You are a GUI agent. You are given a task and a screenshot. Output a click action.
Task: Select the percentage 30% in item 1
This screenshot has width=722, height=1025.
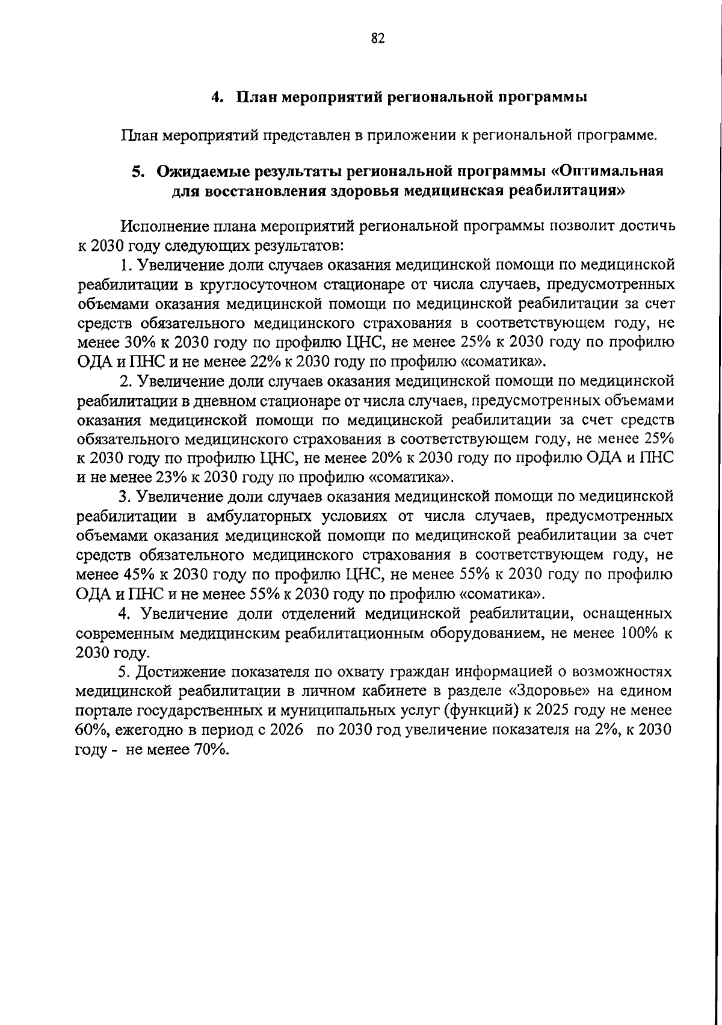click(140, 342)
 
